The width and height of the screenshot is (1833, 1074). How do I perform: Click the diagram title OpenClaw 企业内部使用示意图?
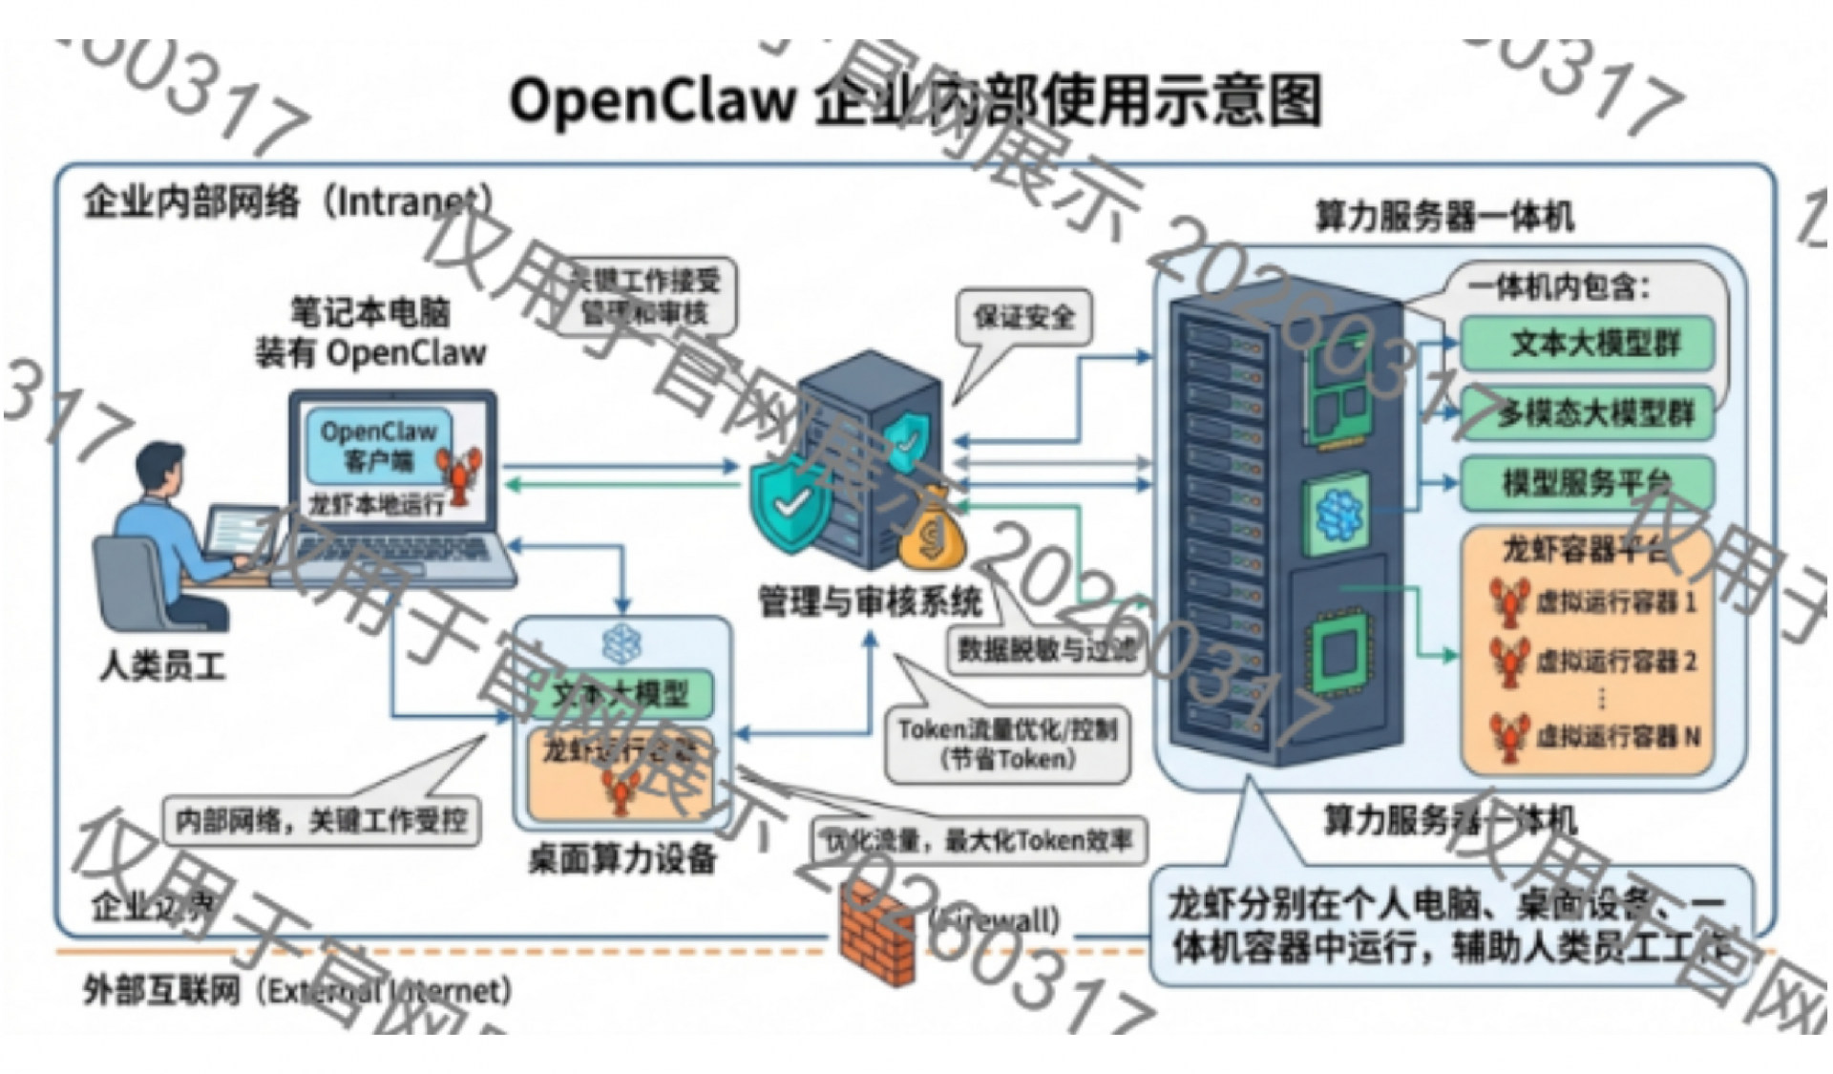tap(915, 100)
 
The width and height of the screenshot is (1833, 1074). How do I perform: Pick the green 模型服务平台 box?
tap(1588, 482)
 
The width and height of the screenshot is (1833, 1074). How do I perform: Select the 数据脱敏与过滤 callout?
tap(1046, 650)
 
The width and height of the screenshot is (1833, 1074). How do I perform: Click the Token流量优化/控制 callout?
tap(1007, 744)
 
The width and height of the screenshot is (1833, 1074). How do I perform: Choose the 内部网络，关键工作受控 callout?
tap(321, 820)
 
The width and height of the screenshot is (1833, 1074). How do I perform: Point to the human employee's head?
tap(160, 469)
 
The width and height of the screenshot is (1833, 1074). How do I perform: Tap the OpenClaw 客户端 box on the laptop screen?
tap(379, 446)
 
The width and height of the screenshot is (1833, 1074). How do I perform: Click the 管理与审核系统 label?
tap(870, 602)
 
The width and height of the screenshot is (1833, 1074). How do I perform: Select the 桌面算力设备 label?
tap(622, 859)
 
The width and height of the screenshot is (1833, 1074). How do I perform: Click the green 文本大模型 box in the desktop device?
tap(622, 694)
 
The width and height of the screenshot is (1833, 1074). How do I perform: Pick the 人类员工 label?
tap(162, 665)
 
